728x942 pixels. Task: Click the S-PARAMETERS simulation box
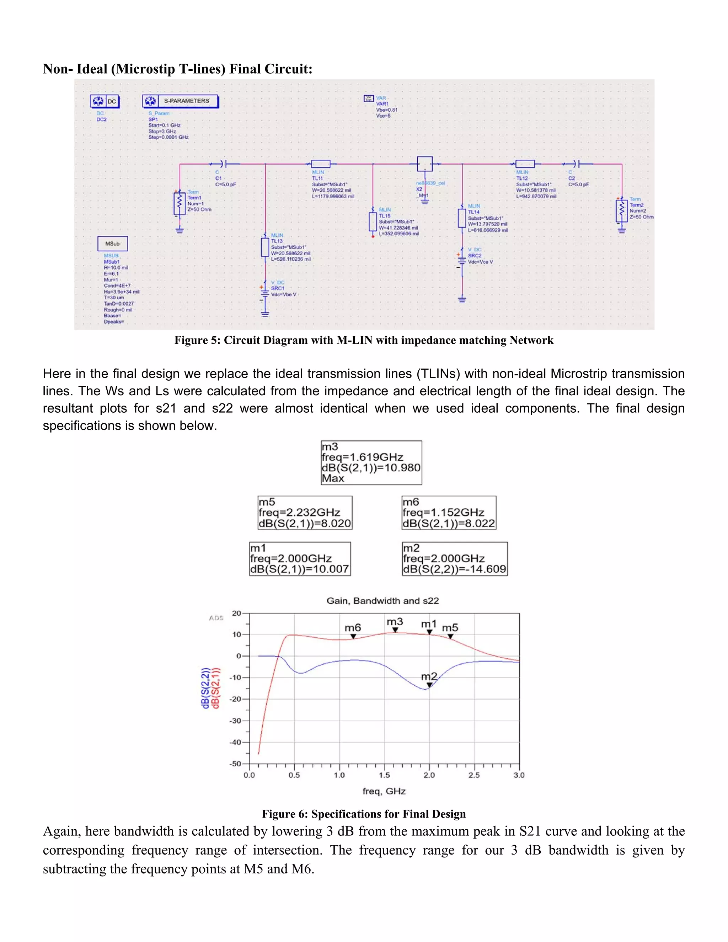(180, 101)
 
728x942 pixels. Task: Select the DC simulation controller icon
(105, 101)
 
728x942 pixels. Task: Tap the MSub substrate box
(113, 244)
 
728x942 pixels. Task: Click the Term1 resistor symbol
(180, 203)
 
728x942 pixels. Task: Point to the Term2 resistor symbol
(621, 210)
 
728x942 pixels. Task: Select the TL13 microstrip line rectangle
(265, 247)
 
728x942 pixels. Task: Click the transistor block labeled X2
(424, 164)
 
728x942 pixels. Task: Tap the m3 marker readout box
(371, 462)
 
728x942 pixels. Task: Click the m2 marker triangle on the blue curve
(429, 685)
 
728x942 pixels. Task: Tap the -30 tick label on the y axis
(235, 721)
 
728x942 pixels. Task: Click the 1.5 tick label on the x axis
(384, 775)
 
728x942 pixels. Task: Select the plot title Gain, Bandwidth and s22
(382, 601)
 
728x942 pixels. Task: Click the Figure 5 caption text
(364, 340)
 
